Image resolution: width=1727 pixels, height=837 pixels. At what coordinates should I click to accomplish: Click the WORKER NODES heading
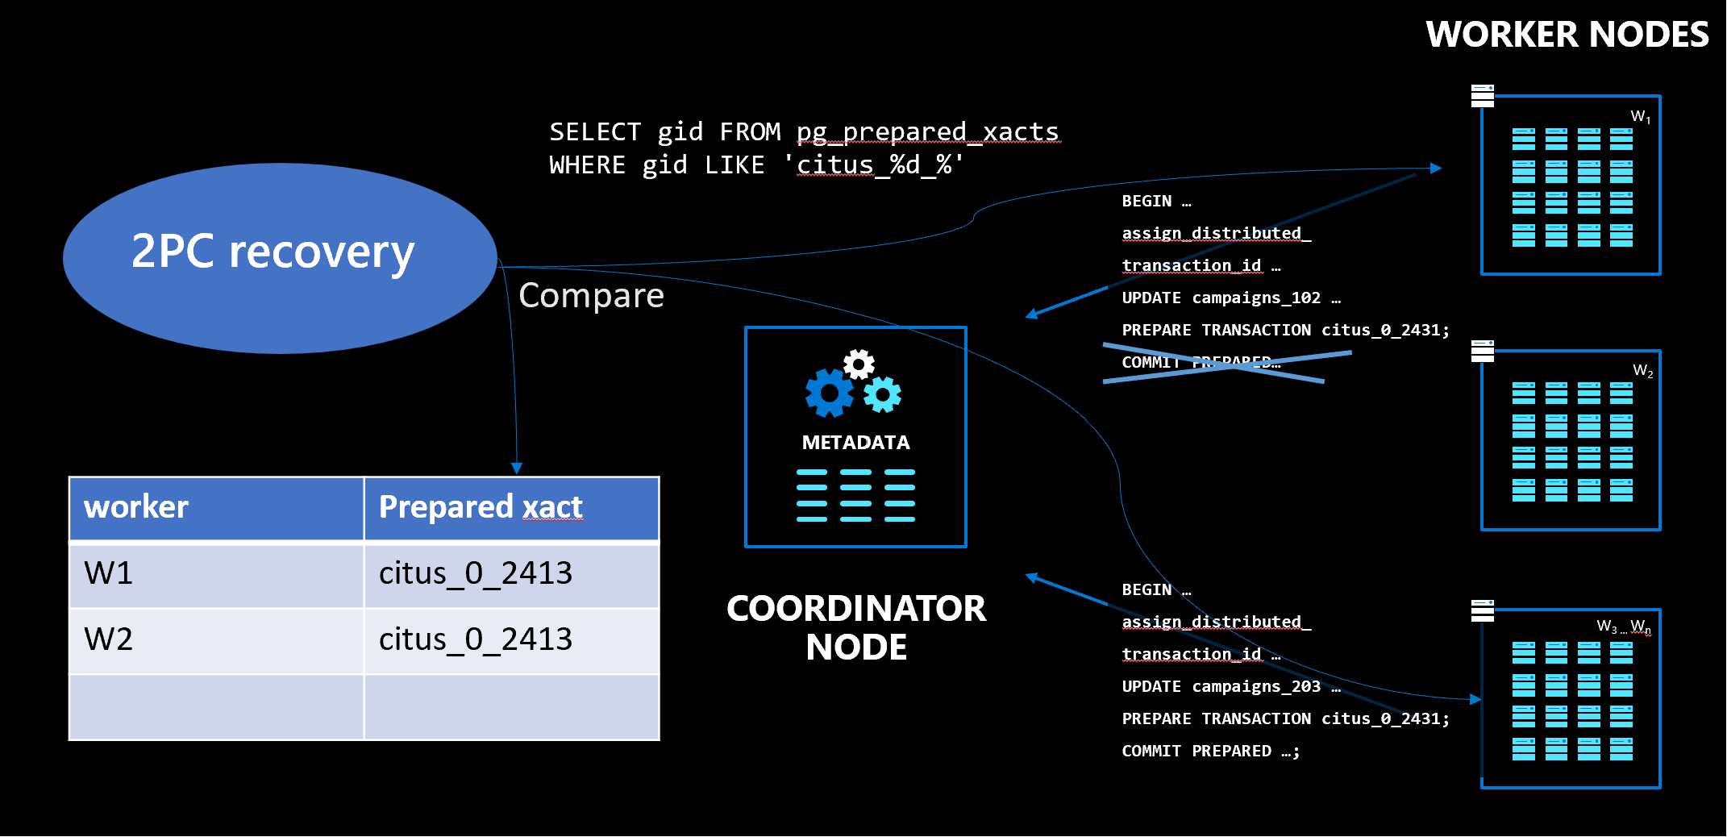point(1567,35)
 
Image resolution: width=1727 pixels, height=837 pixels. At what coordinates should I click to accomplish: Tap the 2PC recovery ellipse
point(279,257)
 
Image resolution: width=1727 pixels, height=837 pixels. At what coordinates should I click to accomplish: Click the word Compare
point(591,296)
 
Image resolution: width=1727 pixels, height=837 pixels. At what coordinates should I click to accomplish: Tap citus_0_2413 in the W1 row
point(476,573)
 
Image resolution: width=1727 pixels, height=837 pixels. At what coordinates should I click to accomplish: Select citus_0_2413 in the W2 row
point(476,639)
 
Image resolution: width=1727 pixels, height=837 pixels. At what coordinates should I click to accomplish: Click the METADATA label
point(855,443)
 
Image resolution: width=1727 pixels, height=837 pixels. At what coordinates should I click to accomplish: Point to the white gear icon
point(859,364)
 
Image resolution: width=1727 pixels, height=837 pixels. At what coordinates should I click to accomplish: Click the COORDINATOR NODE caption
point(855,627)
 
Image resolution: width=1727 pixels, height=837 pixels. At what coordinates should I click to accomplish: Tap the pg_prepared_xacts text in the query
point(927,131)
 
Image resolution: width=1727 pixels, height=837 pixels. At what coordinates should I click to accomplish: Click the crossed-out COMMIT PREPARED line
point(1201,363)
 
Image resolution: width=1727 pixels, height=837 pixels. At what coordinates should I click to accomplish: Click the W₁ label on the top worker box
point(1640,117)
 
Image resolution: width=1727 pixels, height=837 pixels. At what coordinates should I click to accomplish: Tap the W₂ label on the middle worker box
point(1642,371)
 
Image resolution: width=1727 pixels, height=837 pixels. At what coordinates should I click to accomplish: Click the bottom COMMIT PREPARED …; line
point(1210,752)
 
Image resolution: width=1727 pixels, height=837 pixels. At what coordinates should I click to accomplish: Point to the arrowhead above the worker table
point(517,468)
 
